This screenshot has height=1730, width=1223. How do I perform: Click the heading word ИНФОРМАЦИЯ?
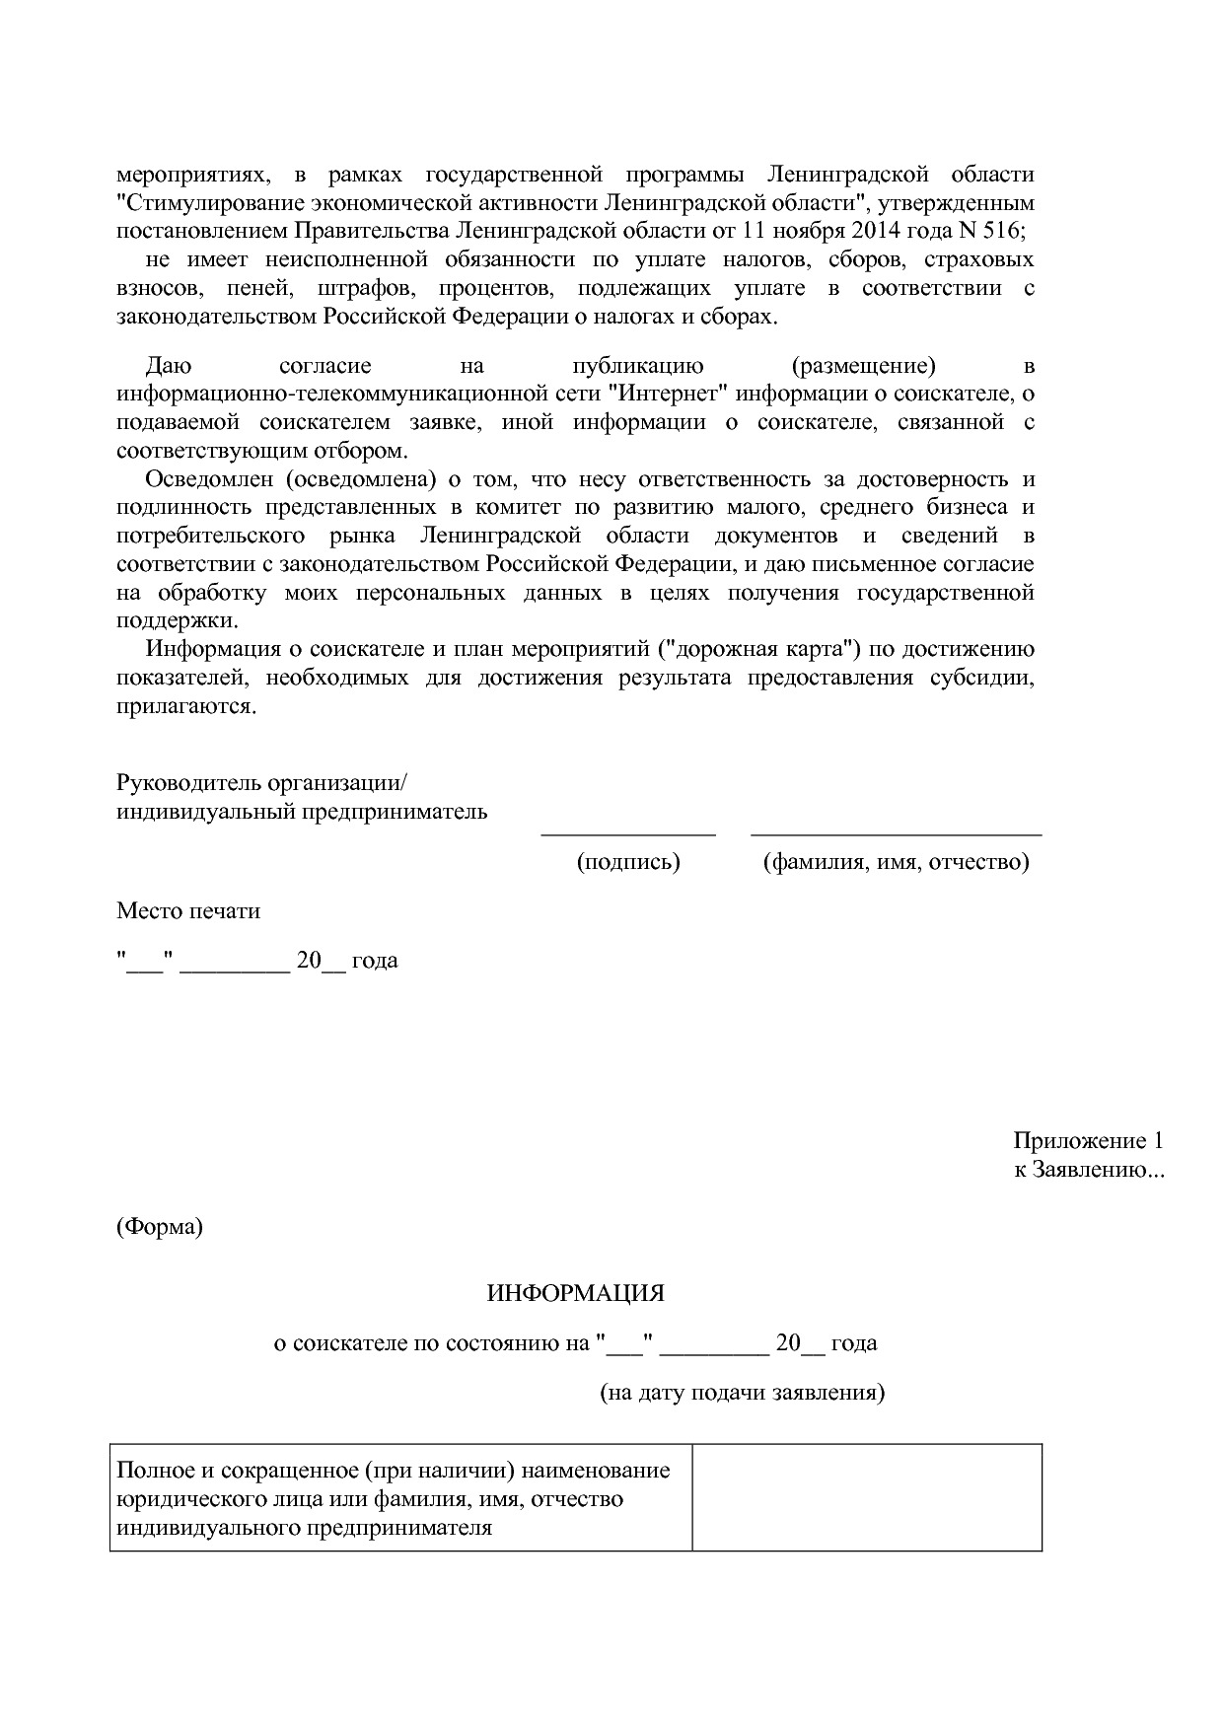pyautogui.click(x=575, y=1292)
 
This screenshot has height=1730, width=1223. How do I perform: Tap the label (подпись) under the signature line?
pyautogui.click(x=628, y=861)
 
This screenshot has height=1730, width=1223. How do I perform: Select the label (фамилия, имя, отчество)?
pyautogui.click(x=896, y=861)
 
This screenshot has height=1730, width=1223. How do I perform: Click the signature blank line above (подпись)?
pyautogui.click(x=628, y=833)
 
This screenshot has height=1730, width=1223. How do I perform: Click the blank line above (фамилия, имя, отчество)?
pyautogui.click(x=896, y=833)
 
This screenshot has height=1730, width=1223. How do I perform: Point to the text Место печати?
pyautogui.click(x=188, y=910)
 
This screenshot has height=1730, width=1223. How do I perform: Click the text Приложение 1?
pyautogui.click(x=1088, y=1141)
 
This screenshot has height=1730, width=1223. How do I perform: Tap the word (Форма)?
pyautogui.click(x=160, y=1227)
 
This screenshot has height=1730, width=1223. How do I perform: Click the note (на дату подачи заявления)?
pyautogui.click(x=743, y=1393)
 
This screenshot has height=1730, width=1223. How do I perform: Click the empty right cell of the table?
pyautogui.click(x=866, y=1497)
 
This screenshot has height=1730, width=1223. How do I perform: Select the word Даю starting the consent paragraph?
pyautogui.click(x=168, y=366)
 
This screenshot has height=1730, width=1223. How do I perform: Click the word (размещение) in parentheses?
pyautogui.click(x=864, y=366)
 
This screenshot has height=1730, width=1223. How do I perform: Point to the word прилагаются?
pyautogui.click(x=185, y=707)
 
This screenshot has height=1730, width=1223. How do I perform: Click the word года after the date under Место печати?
pyautogui.click(x=375, y=960)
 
